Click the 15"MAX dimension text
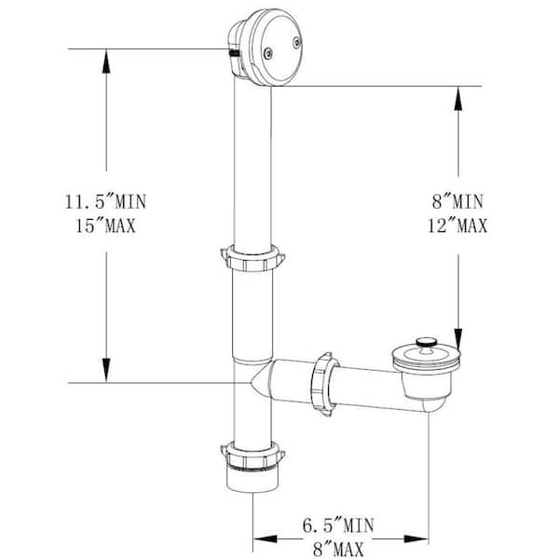(106, 225)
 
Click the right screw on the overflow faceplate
(297, 42)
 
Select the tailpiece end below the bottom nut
(252, 485)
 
